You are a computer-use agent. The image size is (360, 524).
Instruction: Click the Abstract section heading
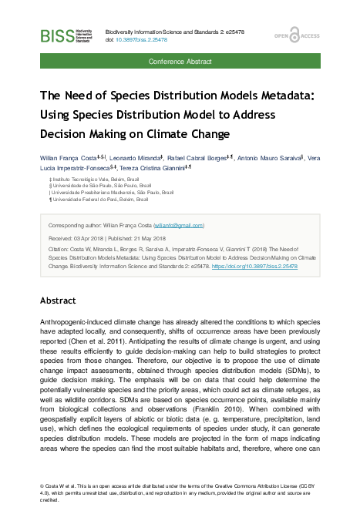(59, 299)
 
